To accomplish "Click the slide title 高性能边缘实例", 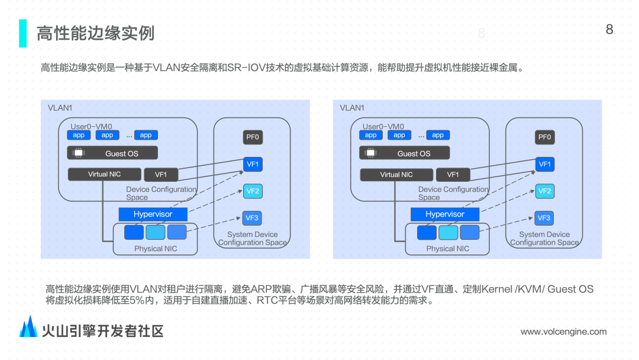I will pos(95,33).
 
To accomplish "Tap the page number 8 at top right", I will pos(609,29).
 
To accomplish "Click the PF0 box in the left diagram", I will pos(253,137).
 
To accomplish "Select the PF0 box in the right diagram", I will pos(544,137).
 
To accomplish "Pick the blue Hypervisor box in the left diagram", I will pos(153,214).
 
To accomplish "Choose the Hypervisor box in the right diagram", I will pos(445,214).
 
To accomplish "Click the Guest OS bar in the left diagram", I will pos(112,153).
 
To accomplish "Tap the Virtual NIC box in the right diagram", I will pos(396,175).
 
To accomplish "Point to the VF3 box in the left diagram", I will pos(252,218).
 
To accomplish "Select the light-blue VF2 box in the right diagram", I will pos(544,191).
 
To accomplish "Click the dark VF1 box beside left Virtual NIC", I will pos(161,175).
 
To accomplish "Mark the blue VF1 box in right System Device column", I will pos(544,164).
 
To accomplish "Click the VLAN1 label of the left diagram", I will pos(60,108).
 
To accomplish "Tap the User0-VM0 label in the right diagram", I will pos(383,126).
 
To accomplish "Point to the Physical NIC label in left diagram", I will pos(156,249).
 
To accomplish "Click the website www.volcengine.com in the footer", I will pos(563,332).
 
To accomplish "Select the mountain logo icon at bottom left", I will pos(28,327).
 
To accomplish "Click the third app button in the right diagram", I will pos(438,135).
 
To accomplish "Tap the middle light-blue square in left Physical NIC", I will pos(156,232).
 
